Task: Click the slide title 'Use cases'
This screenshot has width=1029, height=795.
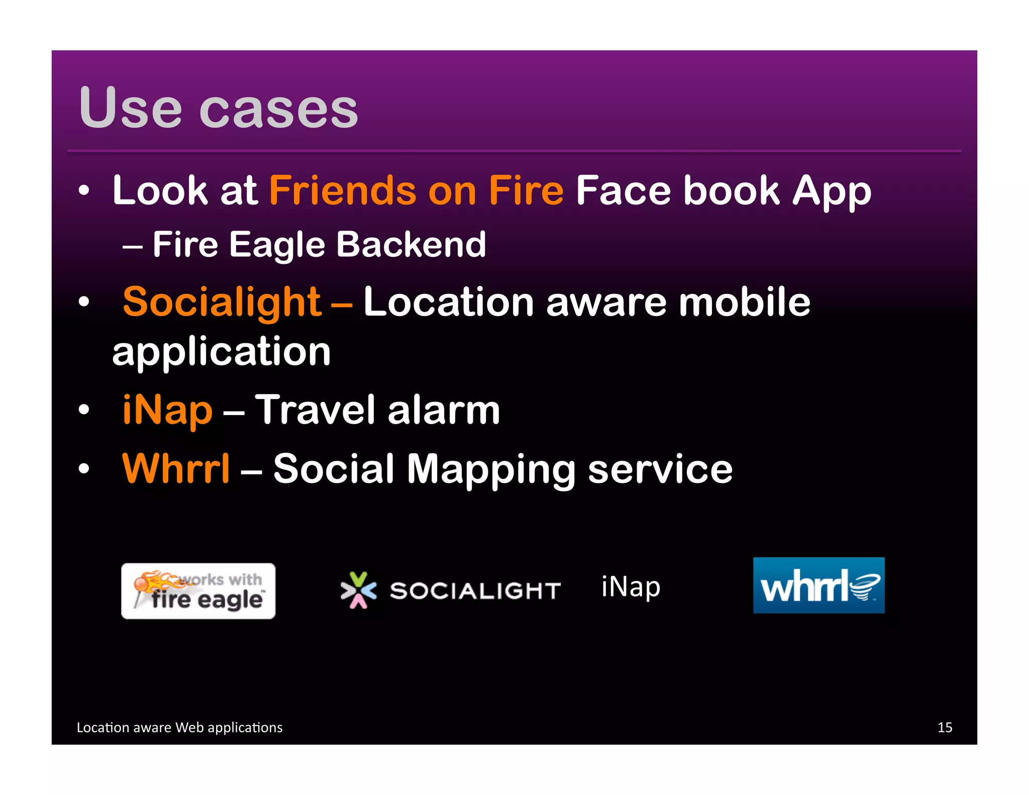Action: click(x=219, y=108)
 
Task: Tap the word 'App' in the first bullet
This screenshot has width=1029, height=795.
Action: click(x=832, y=192)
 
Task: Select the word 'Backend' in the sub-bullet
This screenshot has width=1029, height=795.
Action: click(x=410, y=245)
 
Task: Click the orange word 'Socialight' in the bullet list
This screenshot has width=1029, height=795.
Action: click(x=222, y=302)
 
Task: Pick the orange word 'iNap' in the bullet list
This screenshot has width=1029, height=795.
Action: click(x=167, y=410)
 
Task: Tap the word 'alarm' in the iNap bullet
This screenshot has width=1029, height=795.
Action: click(x=443, y=410)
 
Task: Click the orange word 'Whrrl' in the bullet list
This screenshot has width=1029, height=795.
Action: click(x=176, y=468)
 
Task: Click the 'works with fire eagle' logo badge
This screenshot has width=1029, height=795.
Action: click(x=198, y=591)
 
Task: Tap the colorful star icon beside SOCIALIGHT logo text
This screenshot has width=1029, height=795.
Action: click(x=358, y=590)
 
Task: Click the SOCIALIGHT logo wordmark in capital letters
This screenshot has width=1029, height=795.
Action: click(x=475, y=591)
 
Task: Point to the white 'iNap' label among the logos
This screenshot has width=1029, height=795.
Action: click(x=631, y=587)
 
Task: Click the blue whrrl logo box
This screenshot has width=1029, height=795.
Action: click(x=818, y=585)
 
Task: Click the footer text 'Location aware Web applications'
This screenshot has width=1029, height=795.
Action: click(x=179, y=727)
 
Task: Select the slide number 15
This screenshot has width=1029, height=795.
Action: click(x=944, y=727)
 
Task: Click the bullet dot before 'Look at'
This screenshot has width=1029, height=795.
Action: click(x=84, y=191)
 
